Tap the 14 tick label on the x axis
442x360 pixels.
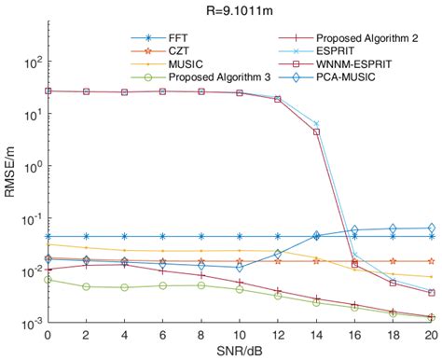point(316,333)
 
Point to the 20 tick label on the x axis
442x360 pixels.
point(431,333)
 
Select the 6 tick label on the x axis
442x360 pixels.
point(162,333)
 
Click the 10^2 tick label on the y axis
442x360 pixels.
point(31,62)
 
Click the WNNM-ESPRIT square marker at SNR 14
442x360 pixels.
point(316,132)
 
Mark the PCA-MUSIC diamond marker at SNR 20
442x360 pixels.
point(431,228)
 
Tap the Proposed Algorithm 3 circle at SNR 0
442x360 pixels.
point(48,279)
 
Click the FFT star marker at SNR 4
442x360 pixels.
point(124,236)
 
